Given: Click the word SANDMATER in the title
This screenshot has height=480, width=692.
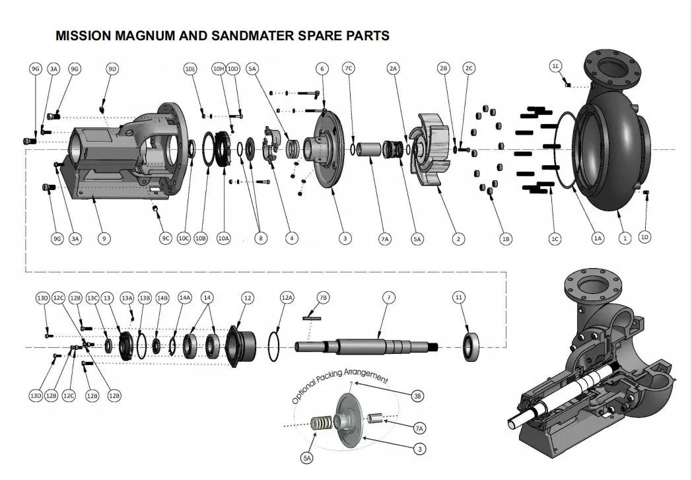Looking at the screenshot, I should (x=256, y=36).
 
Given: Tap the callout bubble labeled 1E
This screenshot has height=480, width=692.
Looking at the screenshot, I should (x=556, y=65).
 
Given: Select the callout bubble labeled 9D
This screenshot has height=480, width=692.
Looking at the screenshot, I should (x=112, y=69).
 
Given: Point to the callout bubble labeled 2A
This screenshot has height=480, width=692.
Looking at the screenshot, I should (x=394, y=69).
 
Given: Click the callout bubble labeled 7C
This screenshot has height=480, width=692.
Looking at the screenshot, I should (x=349, y=69).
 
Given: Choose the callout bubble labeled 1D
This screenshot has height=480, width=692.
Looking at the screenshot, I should (x=645, y=236).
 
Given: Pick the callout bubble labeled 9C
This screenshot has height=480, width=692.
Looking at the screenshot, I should (x=166, y=238).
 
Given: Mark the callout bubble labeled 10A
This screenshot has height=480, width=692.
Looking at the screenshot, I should (x=223, y=238).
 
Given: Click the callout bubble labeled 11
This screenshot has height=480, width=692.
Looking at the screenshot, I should (x=460, y=298).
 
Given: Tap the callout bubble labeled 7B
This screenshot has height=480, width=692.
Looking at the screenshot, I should (x=323, y=298).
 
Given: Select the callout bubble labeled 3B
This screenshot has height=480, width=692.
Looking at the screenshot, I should (x=417, y=396).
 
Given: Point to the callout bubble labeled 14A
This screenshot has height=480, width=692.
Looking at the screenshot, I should (x=184, y=298).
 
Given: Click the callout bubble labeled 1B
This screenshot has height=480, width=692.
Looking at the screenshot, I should (x=506, y=239).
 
